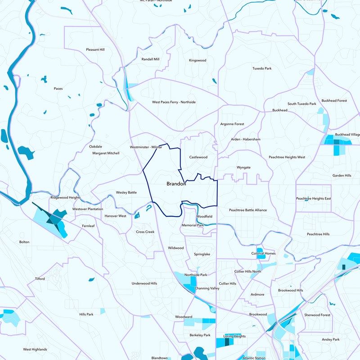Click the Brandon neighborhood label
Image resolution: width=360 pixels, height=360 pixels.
tap(176, 184)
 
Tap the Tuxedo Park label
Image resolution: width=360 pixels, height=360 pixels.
tap(261, 68)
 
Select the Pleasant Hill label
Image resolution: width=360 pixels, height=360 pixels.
tap(95, 49)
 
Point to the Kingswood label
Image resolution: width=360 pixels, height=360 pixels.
tap(197, 60)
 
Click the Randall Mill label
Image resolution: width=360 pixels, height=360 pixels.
tap(150, 59)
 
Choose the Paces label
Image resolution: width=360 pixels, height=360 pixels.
tap(58, 88)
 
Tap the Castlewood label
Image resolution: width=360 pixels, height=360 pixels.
tap(198, 157)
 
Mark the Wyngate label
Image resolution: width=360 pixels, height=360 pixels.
tap(243, 167)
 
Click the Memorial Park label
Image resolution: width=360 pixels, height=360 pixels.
tap(193, 225)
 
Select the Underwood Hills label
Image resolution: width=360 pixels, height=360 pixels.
tap(144, 283)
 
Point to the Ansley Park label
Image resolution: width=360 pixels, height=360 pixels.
tap(330, 339)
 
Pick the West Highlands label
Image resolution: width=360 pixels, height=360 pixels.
tap(35, 349)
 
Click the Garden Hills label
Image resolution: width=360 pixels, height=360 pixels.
tap(342, 175)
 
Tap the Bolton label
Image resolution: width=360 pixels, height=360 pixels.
tap(24, 242)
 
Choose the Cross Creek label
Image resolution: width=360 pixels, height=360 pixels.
tap(145, 232)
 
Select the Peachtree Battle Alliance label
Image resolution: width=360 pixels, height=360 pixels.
tap(247, 210)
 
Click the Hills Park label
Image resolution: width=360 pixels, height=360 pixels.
tap(86, 314)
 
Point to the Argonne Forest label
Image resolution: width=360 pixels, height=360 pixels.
tap(232, 124)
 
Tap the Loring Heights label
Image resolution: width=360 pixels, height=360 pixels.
tap(234, 336)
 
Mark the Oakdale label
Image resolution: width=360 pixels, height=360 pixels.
tap(95, 146)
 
